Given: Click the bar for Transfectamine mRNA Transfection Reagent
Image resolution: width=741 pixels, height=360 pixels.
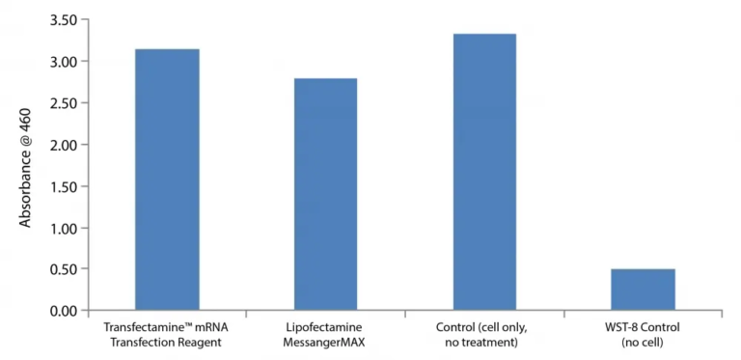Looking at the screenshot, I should point(167,180).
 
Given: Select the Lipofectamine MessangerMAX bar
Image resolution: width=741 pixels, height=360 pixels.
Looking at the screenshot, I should point(325,194).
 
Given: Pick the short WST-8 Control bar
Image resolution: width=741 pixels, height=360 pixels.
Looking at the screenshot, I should point(643,290).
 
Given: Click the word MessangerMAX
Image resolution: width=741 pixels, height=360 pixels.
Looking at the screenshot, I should point(325,342).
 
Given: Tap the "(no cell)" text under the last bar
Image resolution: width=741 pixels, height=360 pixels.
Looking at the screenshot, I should point(643,342).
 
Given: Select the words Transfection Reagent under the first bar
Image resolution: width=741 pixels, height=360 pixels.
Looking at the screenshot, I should point(167,342).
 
